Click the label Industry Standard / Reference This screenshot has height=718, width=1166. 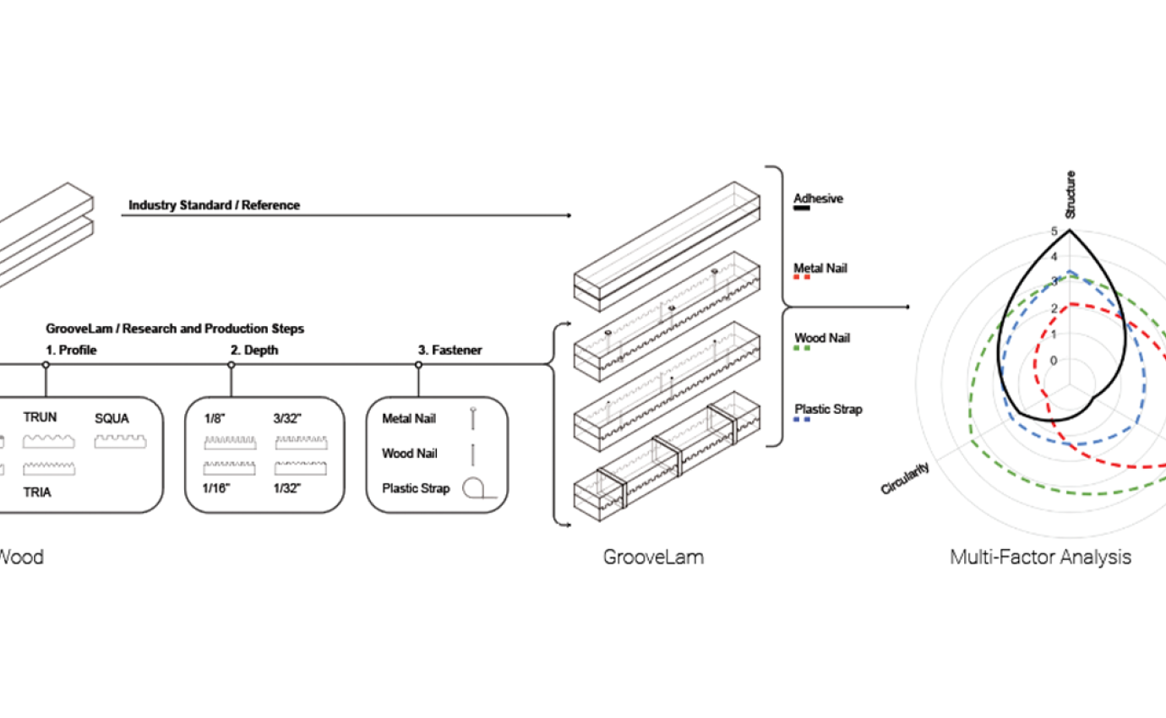click(x=214, y=205)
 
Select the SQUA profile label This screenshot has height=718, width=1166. click(x=112, y=417)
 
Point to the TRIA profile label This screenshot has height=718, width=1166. click(x=38, y=492)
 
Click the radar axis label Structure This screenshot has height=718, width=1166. click(x=1070, y=195)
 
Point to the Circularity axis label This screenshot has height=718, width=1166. click(x=906, y=478)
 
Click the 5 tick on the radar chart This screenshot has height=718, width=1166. click(x=1053, y=231)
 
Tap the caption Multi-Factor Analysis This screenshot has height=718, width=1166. click(x=1040, y=558)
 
